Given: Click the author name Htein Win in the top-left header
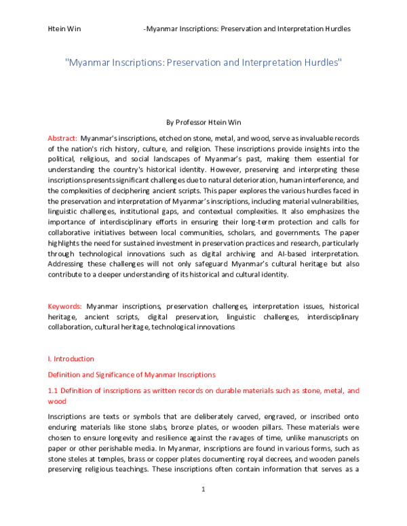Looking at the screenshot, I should (62, 29).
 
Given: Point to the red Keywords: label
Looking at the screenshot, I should (64, 306).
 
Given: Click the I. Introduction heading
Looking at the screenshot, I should (71, 359).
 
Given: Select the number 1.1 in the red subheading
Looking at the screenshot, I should (54, 390).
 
